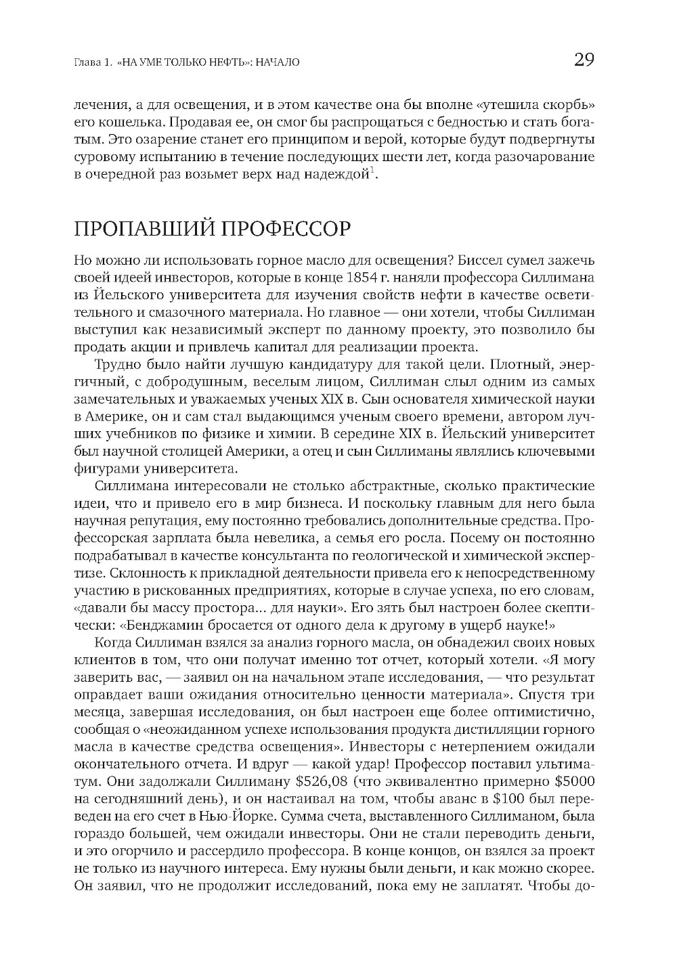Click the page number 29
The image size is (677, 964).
[x=584, y=60]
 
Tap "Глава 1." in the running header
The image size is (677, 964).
[x=91, y=62]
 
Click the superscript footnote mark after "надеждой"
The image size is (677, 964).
[x=372, y=169]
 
